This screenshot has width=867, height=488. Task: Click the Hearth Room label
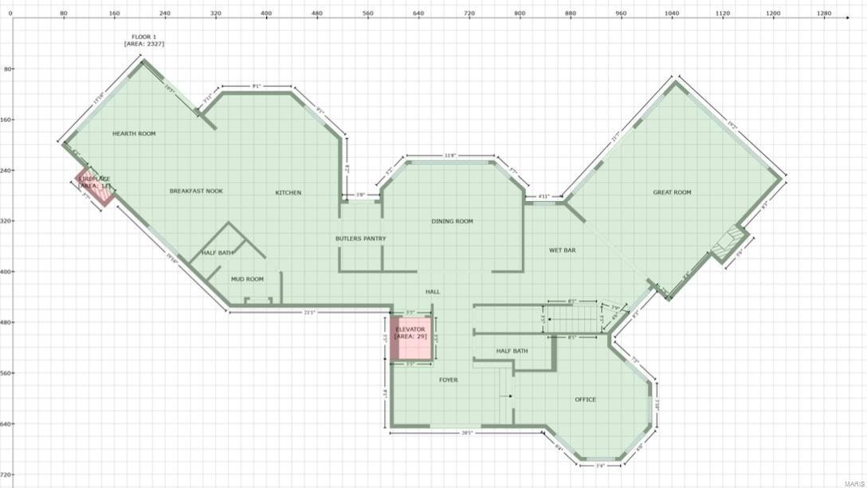tap(134, 134)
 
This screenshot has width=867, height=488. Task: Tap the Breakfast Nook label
tap(196, 191)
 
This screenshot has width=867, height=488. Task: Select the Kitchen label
tap(288, 192)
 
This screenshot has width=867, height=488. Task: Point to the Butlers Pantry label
tap(360, 238)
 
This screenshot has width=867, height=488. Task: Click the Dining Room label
tap(452, 221)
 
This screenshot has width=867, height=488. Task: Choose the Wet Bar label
tap(562, 250)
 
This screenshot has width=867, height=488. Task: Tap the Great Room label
tap(672, 192)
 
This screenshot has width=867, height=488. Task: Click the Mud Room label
tap(247, 279)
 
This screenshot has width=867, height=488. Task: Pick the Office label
tap(585, 399)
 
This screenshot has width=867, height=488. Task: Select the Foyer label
tap(449, 380)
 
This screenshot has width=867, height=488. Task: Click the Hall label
tap(433, 292)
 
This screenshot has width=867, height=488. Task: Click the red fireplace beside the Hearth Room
tap(95, 188)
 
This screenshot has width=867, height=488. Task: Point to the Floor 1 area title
tap(144, 41)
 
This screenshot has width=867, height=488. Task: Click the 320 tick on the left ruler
tap(8, 221)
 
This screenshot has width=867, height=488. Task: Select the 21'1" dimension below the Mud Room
tap(309, 313)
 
